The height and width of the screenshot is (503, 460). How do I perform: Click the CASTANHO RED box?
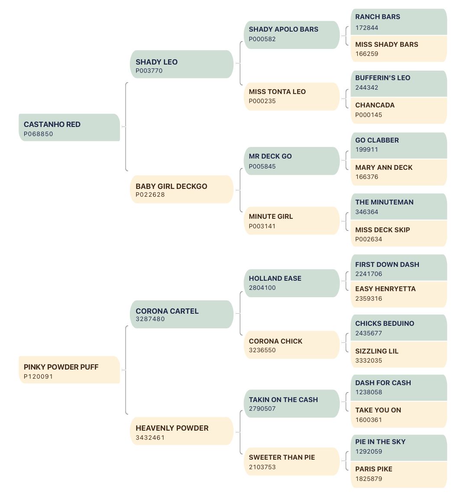point(69,127)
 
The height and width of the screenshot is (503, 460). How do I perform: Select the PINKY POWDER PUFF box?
point(69,370)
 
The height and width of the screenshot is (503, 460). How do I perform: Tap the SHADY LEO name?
point(156,62)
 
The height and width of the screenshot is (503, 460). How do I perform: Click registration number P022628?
point(150,195)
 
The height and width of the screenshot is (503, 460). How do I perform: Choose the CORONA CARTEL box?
point(181,315)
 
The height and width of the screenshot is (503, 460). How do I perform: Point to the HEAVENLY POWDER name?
point(172,428)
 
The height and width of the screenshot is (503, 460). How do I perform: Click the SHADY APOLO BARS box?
point(292,35)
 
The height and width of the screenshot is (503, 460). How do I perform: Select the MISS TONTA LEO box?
point(292,97)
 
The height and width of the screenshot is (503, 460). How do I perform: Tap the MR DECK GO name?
point(270,156)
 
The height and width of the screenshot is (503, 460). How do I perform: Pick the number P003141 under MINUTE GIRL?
point(262,226)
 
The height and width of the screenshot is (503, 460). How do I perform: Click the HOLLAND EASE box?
point(292,283)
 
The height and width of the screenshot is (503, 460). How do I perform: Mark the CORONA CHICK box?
point(292,345)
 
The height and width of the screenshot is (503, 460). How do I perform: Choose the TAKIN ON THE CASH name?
point(283,400)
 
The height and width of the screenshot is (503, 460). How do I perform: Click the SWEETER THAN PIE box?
point(292,461)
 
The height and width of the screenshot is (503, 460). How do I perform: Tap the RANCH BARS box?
point(399,22)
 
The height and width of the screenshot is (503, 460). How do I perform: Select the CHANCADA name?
point(375,105)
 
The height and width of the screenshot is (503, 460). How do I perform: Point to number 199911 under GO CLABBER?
point(366,149)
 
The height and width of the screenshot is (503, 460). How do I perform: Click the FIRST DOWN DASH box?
point(399,268)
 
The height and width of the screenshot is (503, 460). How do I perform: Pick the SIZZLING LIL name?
point(376,351)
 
